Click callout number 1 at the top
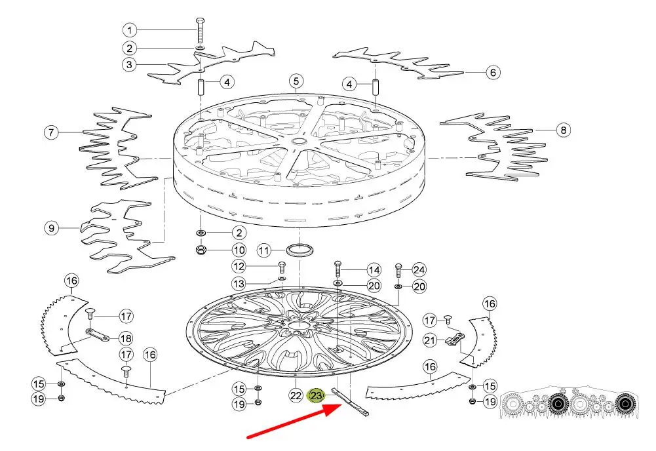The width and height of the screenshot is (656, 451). pos(130,30)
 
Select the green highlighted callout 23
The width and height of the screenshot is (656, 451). pos(317,396)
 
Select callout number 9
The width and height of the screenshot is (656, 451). pos(52,229)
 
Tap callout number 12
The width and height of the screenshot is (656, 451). pos(239,267)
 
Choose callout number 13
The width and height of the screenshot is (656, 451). pos(239,284)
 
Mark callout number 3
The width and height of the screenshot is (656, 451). pos(130,65)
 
